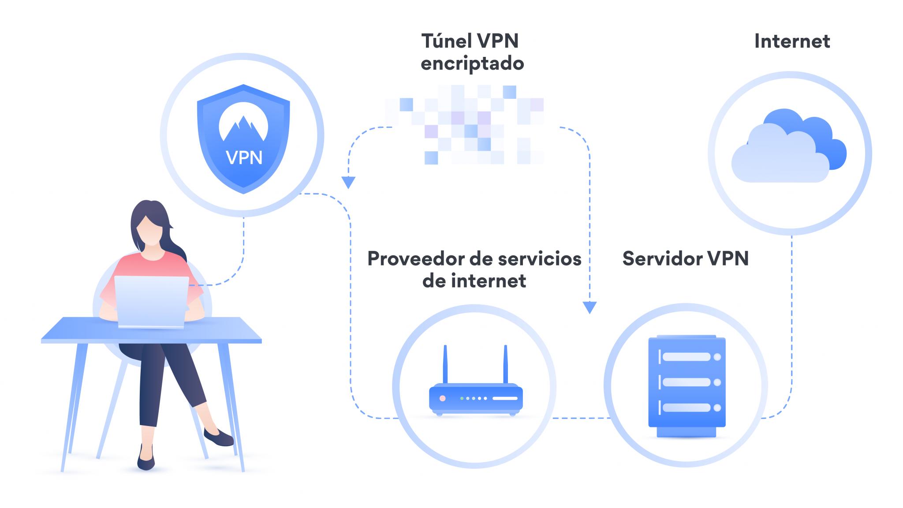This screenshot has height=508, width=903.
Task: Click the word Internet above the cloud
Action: pos(792,41)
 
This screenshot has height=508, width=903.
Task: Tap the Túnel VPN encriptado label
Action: pos(472,52)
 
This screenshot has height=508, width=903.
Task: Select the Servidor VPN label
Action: pos(685,258)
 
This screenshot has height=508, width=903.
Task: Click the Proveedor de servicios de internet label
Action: pos(474,269)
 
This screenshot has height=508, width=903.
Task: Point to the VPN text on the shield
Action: pos(244,157)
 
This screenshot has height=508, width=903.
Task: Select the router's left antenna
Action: pos(445,364)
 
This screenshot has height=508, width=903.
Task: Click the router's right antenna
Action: pos(505,364)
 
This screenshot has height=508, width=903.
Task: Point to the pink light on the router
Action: pos(442,398)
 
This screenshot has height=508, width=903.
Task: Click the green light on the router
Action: pos(462,398)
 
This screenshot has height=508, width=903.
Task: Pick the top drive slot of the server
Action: pos(686,357)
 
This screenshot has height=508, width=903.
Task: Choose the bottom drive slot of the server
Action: pos(686,408)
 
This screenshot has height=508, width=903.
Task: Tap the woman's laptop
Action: pos(151,302)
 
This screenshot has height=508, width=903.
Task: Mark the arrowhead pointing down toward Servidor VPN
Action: pos(590,307)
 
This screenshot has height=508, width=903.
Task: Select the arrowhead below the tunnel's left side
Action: pos(348,182)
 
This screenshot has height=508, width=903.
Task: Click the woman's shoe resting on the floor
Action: pos(146,461)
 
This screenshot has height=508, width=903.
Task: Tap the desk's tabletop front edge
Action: pos(151,341)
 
